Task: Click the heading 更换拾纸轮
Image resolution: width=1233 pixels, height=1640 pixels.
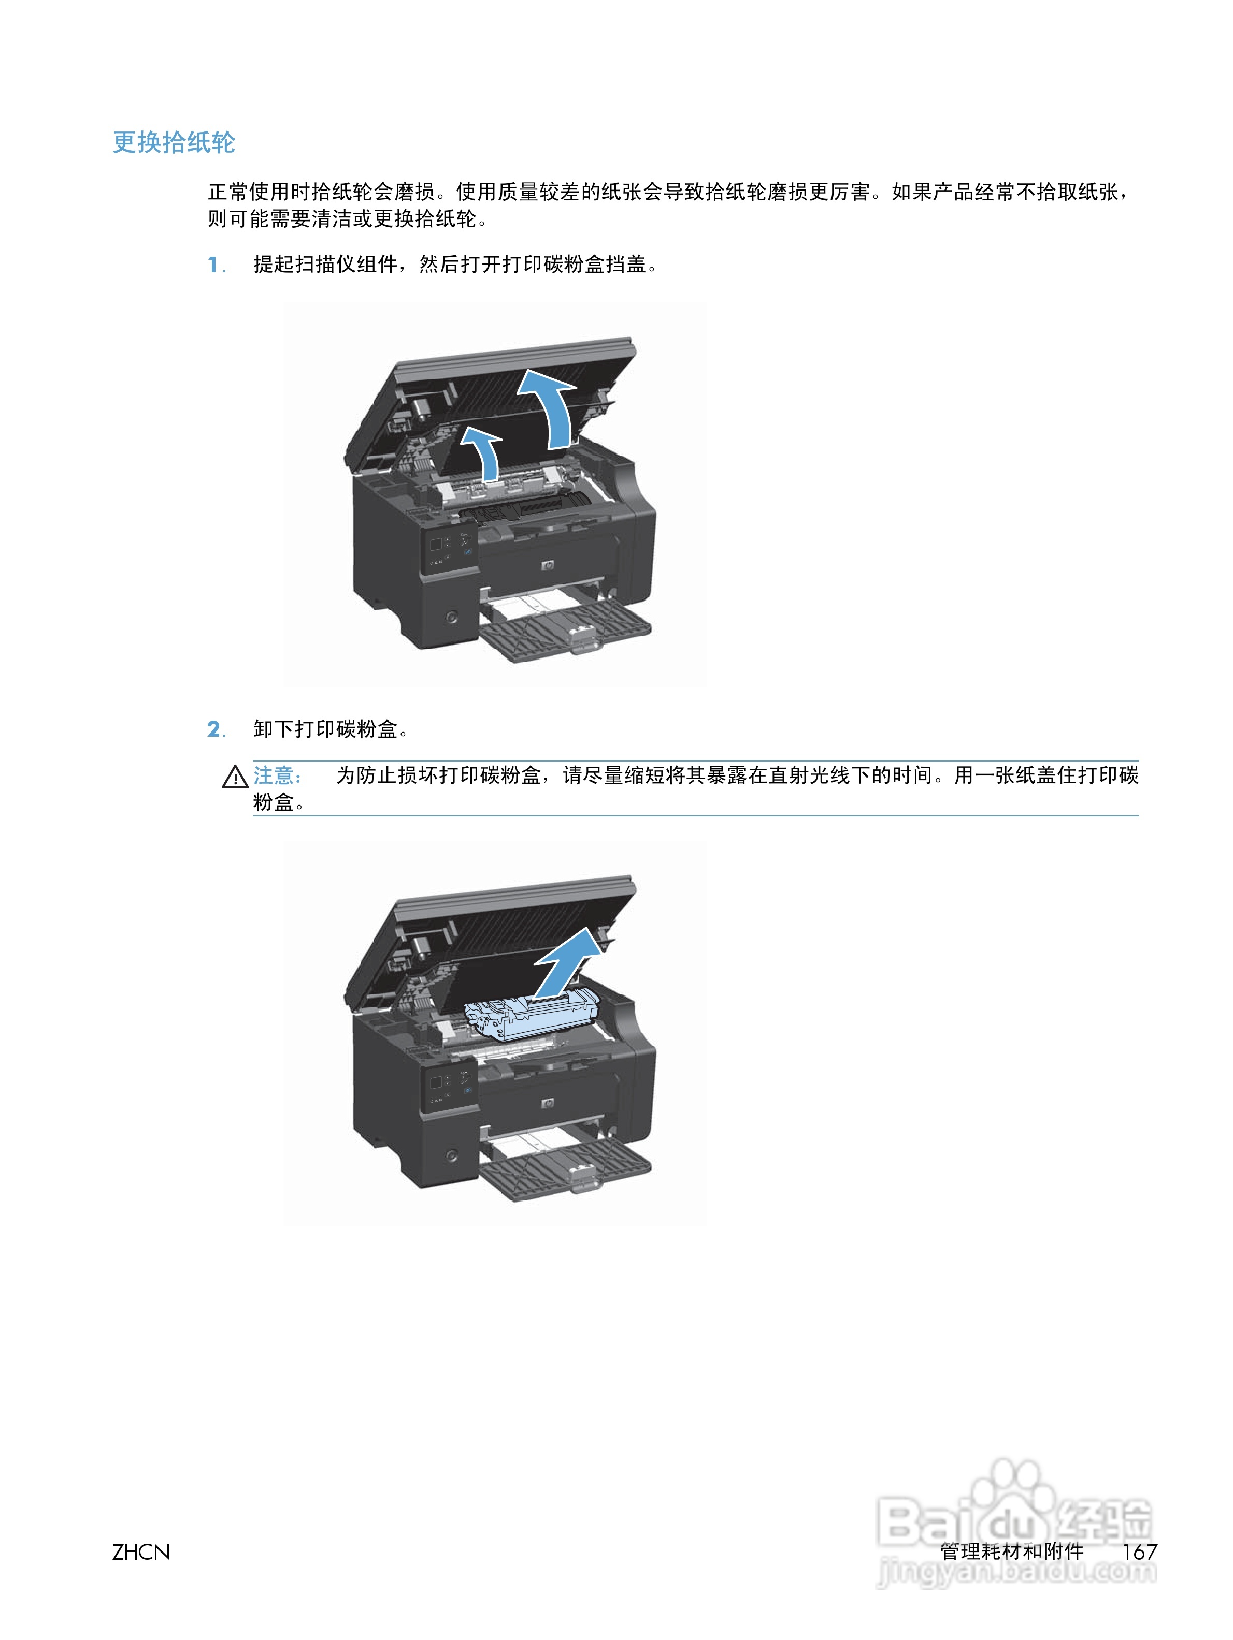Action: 174,142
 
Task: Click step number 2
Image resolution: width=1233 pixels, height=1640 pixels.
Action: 214,729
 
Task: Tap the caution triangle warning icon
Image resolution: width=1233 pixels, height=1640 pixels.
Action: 235,777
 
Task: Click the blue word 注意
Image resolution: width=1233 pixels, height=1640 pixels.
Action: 277,775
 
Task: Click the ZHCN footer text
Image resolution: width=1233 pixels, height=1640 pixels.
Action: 141,1552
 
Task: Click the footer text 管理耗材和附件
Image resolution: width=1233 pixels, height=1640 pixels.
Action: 1011,1552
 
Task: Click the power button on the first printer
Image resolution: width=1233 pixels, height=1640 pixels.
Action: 452,617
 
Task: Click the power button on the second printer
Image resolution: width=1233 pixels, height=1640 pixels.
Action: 452,1154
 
